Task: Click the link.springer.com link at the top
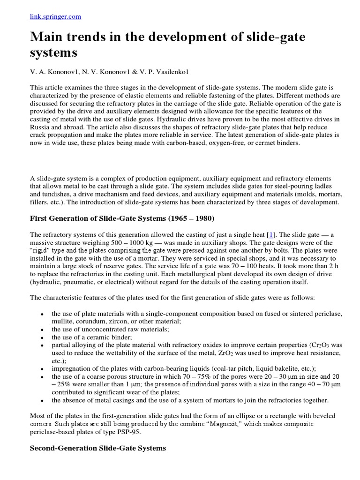pyautogui.click(x=55, y=16)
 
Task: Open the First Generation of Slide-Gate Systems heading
pyautogui.click(x=122, y=218)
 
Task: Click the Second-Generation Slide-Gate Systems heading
pyautogui.click(x=98, y=448)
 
